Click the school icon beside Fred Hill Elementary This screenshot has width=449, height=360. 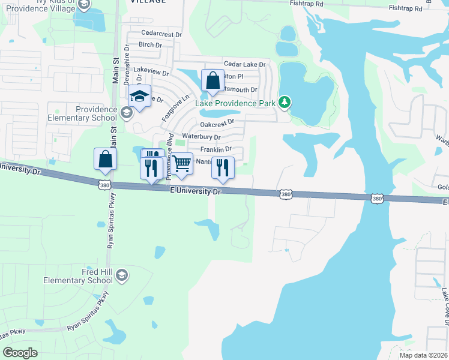pyautogui.click(x=122, y=275)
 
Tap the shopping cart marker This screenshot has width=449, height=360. pyautogui.click(x=181, y=163)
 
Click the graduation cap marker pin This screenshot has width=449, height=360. pyautogui.click(x=139, y=97)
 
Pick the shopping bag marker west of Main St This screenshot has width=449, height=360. pyautogui.click(x=105, y=160)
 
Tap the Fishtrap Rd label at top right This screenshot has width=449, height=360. pyautogui.click(x=406, y=8)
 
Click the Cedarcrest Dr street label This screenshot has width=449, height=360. pyautogui.click(x=161, y=34)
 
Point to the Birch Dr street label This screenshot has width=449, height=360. pyautogui.click(x=150, y=45)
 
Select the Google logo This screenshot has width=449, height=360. pyautogui.click(x=20, y=353)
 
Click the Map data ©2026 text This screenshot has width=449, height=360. pyautogui.click(x=423, y=355)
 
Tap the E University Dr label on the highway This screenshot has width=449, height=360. pyautogui.click(x=196, y=191)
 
